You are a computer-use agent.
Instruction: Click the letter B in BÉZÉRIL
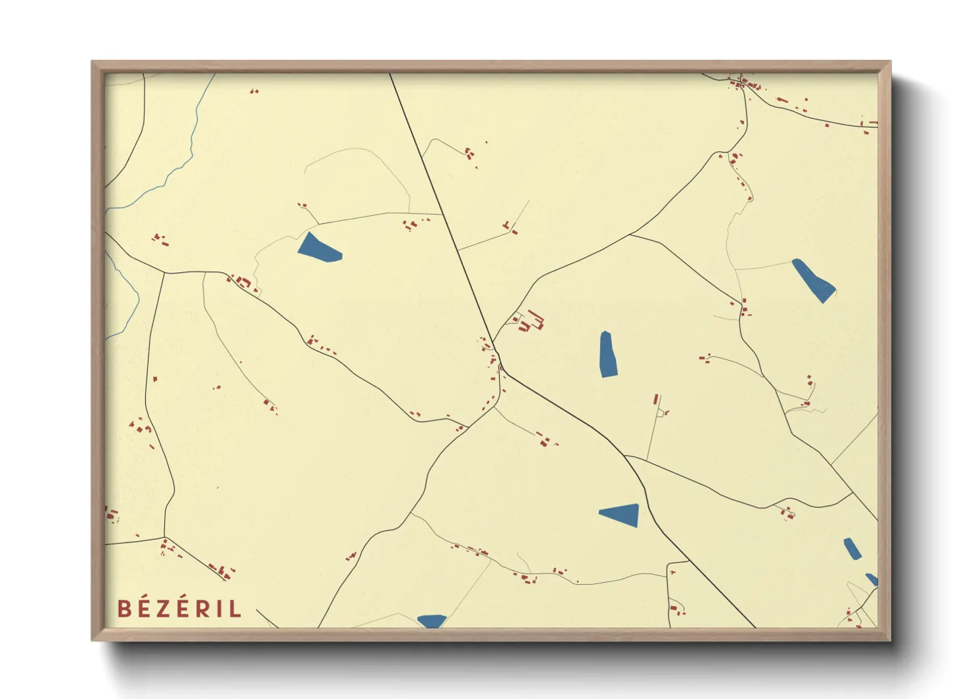pyautogui.click(x=123, y=608)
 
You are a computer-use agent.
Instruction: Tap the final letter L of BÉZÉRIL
pyautogui.click(x=236, y=608)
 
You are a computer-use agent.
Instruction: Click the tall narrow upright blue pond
pyautogui.click(x=608, y=354)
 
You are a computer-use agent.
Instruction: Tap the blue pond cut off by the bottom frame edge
pyautogui.click(x=432, y=621)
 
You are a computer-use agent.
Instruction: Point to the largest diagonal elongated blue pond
pyautogui.click(x=813, y=279)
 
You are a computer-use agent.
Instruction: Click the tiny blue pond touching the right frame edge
pyautogui.click(x=873, y=579)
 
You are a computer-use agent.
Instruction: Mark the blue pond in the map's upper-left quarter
pyautogui.click(x=318, y=248)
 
